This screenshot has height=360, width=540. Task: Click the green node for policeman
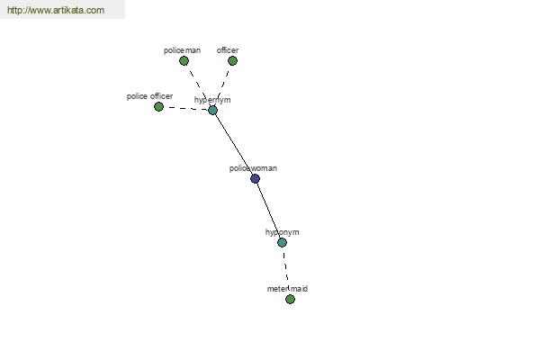(184, 61)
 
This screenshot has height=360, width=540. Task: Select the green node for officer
(232, 61)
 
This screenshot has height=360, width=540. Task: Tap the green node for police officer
(159, 107)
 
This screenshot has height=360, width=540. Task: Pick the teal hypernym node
(213, 110)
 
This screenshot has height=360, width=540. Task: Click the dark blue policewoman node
(256, 179)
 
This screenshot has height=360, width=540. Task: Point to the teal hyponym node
(283, 243)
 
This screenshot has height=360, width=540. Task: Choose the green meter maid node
(290, 300)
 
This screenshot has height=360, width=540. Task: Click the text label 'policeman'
(182, 50)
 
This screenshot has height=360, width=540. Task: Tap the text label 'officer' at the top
(228, 50)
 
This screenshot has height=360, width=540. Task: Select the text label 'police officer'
(149, 96)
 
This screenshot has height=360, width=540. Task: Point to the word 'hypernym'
(212, 100)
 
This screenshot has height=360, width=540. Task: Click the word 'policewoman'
(253, 168)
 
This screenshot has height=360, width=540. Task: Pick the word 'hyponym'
(282, 232)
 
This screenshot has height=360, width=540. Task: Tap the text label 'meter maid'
(287, 289)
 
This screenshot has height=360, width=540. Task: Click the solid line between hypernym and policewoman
(234, 144)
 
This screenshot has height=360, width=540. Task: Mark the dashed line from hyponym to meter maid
(286, 271)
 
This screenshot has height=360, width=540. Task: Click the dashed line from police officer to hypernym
(186, 109)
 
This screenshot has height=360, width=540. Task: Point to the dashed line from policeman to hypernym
(198, 85)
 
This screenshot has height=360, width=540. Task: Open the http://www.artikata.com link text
(55, 11)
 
